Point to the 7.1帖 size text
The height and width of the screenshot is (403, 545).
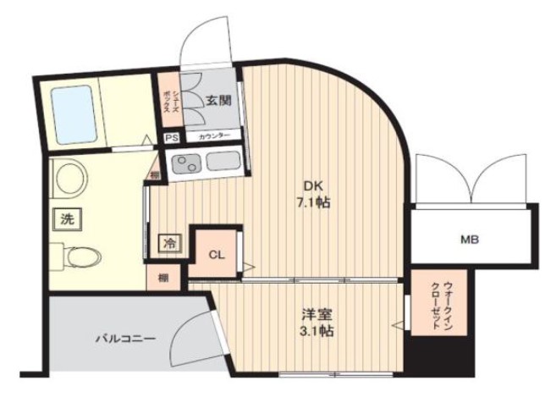coord(313,203)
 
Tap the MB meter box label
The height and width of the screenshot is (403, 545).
coord(470,240)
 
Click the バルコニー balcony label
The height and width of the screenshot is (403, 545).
coord(125,338)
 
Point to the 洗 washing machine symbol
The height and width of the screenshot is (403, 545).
coord(67,218)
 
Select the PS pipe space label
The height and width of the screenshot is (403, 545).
coord(171,137)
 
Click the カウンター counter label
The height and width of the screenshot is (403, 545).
coord(214,137)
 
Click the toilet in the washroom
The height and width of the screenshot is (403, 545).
coord(75,255)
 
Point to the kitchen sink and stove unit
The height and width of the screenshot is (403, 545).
coord(207,161)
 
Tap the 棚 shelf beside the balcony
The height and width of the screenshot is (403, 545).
coord(161,277)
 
